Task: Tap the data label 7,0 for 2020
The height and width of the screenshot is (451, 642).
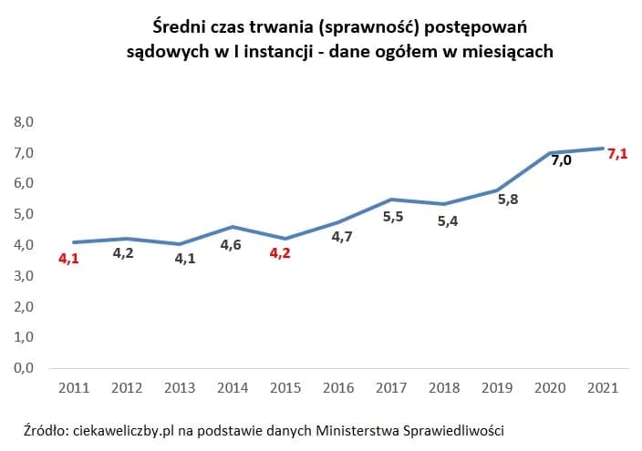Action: coord(561,160)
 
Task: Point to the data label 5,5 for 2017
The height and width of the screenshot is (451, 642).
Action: coord(392,217)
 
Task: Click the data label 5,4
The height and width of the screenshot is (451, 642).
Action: coord(448,220)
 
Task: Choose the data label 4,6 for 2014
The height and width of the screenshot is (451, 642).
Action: coord(232,244)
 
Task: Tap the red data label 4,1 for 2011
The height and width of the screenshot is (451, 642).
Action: coord(69,259)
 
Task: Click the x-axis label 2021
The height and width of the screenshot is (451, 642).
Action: coord(603,387)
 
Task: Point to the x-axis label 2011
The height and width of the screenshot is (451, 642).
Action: coord(73,387)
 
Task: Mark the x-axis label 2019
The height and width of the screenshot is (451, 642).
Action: coord(497,387)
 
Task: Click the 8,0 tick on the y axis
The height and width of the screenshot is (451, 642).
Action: coord(23,121)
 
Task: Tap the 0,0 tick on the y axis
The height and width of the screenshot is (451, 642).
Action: coord(23,368)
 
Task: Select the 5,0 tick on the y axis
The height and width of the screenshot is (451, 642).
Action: coord(23,214)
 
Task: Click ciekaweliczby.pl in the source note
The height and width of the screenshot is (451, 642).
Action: coord(122,430)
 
